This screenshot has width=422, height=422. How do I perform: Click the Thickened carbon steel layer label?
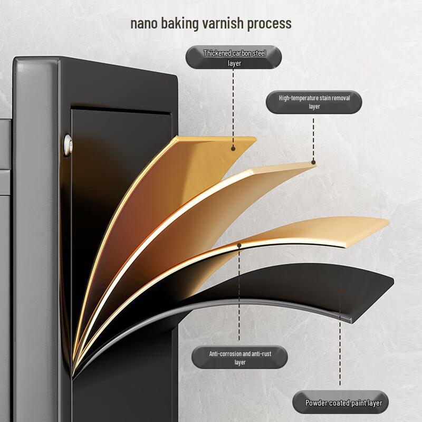click(x=234, y=57)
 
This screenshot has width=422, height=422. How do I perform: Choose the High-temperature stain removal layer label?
click(x=314, y=102)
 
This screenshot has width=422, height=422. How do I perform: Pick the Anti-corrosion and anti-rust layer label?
click(x=240, y=358)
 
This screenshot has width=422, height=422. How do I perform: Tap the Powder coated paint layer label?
click(x=340, y=402)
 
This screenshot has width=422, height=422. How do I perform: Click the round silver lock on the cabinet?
click(x=68, y=146)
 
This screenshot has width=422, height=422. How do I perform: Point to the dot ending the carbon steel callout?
click(x=233, y=149)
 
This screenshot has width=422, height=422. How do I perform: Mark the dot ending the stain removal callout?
click(x=313, y=162)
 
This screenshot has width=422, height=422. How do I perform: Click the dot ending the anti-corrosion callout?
click(x=239, y=245)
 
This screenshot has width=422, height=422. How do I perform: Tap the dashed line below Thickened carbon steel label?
click(x=233, y=108)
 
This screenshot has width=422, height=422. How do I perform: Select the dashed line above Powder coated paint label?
click(x=340, y=338)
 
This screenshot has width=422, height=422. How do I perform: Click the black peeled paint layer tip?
click(x=394, y=281)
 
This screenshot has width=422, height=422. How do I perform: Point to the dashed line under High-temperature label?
click(x=313, y=139)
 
